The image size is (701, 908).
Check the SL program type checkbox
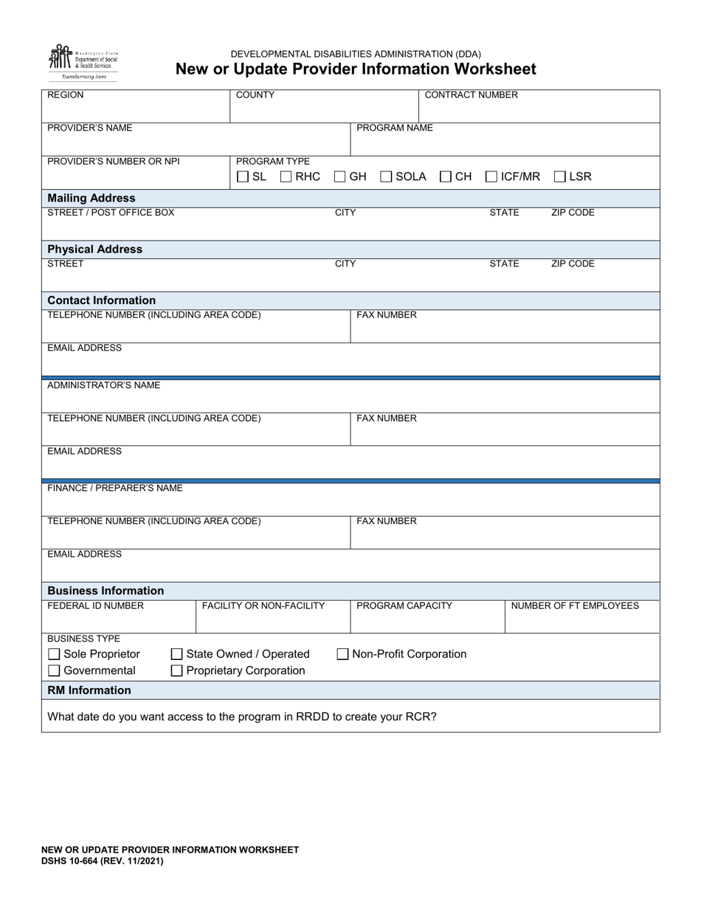click(x=243, y=176)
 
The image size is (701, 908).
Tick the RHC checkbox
click(x=286, y=176)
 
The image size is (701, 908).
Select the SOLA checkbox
click(x=386, y=176)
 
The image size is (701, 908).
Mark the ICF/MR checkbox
click(x=491, y=176)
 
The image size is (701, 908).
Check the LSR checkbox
click(x=560, y=176)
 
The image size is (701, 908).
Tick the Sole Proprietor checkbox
click(x=54, y=654)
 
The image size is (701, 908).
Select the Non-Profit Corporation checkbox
click(x=342, y=654)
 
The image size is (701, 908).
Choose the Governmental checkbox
click(x=54, y=671)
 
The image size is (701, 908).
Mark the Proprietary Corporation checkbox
click(x=177, y=671)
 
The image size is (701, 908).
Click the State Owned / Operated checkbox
click(x=177, y=654)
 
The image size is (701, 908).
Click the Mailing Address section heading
click(x=91, y=198)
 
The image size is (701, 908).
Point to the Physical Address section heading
click(x=94, y=249)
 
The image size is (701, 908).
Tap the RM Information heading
click(x=89, y=690)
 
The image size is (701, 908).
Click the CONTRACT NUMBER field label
click(x=471, y=95)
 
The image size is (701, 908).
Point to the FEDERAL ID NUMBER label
click(x=96, y=606)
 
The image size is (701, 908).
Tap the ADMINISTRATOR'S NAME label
click(x=103, y=385)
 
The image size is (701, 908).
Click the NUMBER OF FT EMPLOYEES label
click(x=575, y=606)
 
